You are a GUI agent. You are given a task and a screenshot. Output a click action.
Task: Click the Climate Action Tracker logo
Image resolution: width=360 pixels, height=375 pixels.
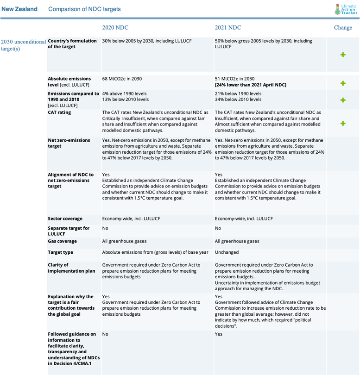click(x=346, y=9)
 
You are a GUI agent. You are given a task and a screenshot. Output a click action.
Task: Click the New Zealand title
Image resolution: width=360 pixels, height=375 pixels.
click(x=19, y=9)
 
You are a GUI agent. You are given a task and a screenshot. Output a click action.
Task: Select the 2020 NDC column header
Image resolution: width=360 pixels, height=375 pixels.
click(x=115, y=28)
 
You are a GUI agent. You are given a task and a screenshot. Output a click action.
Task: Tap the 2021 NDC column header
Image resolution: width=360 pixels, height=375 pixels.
click(x=228, y=28)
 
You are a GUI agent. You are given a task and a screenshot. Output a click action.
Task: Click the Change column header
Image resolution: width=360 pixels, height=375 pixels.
click(x=343, y=28)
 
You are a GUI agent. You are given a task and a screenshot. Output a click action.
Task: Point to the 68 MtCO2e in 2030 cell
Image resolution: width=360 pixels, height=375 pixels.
click(x=122, y=79)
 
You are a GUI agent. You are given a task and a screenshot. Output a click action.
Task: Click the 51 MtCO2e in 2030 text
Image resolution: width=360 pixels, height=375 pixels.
click(x=234, y=79)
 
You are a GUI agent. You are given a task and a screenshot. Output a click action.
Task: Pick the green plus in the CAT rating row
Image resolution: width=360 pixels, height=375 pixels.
click(x=343, y=124)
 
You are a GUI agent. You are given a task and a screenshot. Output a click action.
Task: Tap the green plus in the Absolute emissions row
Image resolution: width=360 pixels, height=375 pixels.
click(x=343, y=83)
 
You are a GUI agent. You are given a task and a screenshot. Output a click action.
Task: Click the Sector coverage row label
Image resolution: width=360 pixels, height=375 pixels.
click(x=65, y=219)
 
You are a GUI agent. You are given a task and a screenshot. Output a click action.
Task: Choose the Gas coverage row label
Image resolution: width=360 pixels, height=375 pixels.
click(x=62, y=241)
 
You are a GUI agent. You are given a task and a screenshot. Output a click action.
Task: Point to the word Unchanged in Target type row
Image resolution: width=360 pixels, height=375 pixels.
click(x=227, y=252)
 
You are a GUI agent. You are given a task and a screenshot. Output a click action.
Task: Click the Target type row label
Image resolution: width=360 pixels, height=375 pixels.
click(x=60, y=252)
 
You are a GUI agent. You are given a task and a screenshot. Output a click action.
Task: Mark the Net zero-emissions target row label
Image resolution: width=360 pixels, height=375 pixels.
click(x=69, y=143)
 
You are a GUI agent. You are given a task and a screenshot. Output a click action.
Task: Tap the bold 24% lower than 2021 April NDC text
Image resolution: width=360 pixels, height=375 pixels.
click(x=250, y=85)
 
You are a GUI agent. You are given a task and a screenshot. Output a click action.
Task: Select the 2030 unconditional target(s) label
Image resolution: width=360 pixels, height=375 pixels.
click(x=23, y=45)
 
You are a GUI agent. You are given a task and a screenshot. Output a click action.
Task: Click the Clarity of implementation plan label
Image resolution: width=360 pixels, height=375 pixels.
click(x=71, y=268)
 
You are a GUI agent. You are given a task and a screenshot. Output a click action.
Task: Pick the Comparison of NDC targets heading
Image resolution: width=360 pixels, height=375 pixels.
click(x=84, y=9)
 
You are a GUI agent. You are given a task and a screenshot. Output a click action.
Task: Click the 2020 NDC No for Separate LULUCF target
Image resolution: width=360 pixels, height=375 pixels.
click(x=105, y=228)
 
